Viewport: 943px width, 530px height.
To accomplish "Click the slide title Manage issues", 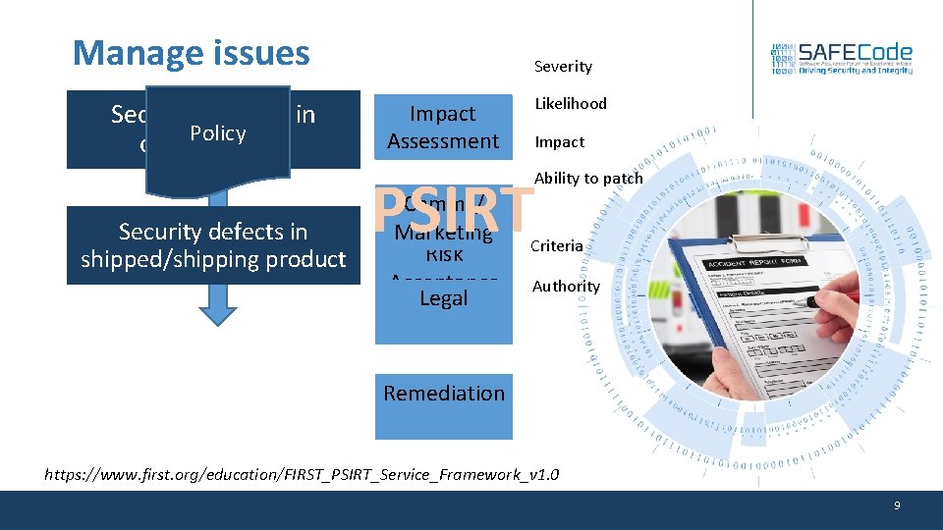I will coord(192,53).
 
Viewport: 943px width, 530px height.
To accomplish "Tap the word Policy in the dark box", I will coord(218,133).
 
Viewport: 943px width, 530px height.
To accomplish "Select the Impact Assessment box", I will coord(443,128).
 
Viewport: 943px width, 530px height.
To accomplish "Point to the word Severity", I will coord(563,67).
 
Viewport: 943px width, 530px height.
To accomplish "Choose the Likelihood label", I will coord(571,104).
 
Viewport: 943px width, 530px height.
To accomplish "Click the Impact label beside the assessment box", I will coord(559,142).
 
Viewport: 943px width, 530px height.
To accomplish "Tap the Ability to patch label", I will coord(588,178).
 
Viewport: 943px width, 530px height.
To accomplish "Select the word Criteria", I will coord(557,246).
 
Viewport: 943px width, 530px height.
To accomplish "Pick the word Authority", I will coord(566,287).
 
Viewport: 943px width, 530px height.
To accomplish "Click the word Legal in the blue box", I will coord(444,298).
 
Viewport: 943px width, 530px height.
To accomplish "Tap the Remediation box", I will coord(444,394).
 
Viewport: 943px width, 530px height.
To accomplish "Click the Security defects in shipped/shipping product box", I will coord(213,245).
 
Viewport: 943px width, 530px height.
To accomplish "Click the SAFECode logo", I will coord(842,60).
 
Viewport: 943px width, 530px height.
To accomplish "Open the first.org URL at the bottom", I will coord(303,475).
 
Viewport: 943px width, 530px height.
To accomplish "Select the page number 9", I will coord(896,505).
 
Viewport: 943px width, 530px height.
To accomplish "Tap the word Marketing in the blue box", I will coord(444,233).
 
